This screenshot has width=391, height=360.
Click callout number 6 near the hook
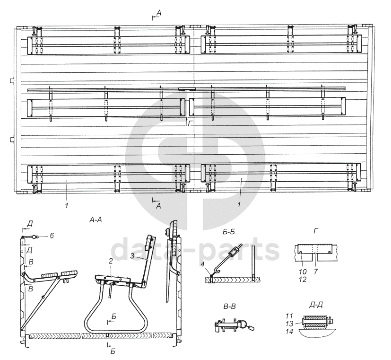(52, 236)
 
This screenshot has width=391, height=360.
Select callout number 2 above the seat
(111, 261)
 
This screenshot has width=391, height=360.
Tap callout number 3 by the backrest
(132, 255)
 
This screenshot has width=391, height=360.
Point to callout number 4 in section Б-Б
(202, 264)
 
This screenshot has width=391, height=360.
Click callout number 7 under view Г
(316, 271)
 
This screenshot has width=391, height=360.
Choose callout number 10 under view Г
(303, 271)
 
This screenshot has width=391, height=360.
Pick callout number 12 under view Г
(303, 279)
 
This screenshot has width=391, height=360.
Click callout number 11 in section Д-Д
(289, 316)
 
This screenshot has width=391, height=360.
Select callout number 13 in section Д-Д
(289, 324)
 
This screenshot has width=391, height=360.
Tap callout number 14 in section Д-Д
(289, 331)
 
